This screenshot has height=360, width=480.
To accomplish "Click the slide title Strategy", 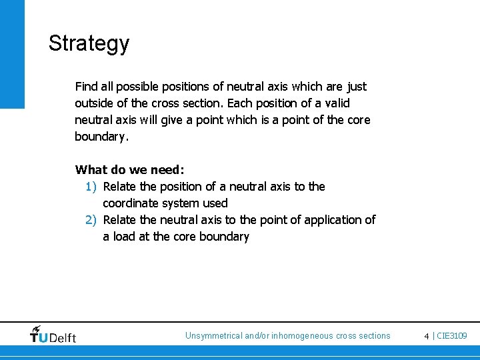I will click(x=89, y=44).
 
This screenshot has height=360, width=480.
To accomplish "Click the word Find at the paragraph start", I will click(x=86, y=87).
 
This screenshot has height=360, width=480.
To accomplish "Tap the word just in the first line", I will click(x=357, y=87).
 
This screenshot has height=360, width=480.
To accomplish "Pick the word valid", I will click(x=335, y=103).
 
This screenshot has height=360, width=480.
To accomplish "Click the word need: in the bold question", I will click(x=165, y=170).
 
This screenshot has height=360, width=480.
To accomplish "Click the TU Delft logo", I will click(x=53, y=335).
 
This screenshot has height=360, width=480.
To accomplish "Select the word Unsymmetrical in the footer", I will click(x=213, y=336).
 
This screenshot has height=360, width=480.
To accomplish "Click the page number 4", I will click(x=427, y=336).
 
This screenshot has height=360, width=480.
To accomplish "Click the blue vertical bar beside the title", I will click(x=12, y=53).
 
